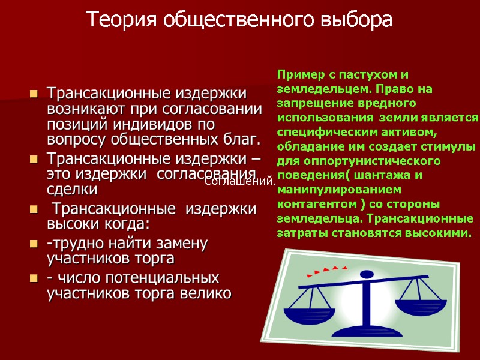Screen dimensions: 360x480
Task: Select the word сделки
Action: tap(71, 190)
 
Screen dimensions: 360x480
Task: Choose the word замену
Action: tap(179, 244)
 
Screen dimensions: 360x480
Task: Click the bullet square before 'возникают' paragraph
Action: tap(34, 95)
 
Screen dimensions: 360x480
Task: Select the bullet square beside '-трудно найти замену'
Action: tap(34, 244)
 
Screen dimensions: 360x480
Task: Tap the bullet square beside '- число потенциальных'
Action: tap(34, 279)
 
